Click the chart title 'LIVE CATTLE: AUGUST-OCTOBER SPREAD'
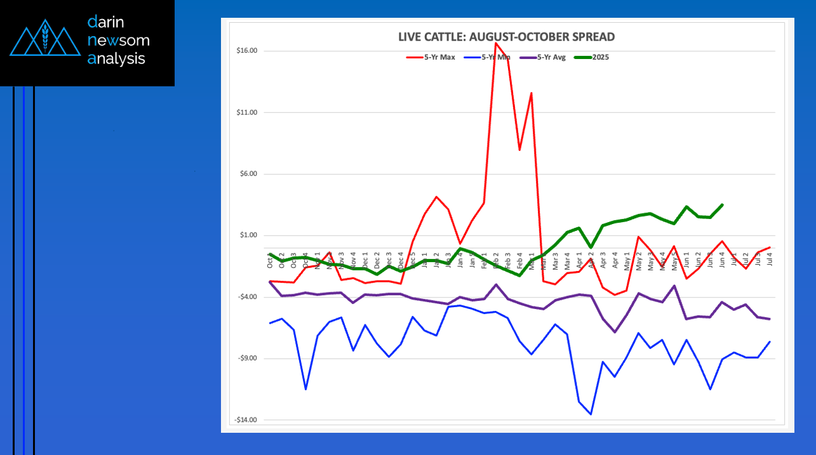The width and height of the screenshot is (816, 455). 506,37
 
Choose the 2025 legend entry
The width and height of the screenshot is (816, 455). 592,57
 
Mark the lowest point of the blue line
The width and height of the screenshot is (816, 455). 591,414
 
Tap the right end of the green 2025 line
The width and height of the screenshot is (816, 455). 722,204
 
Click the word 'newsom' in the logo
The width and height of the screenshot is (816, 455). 119,41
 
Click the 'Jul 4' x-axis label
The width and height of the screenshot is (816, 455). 770,260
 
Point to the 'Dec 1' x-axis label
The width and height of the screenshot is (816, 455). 365,261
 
